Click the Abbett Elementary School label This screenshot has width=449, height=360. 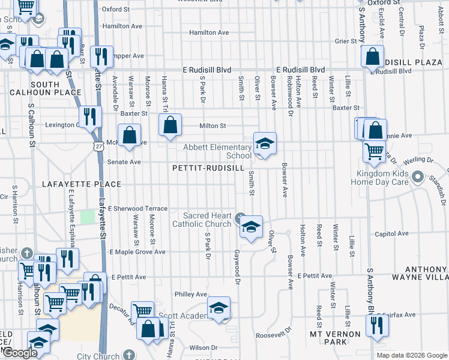point(217,151)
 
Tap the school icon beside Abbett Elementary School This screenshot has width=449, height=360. point(264,144)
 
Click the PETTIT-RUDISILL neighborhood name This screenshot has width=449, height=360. point(208,169)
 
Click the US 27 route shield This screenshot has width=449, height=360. point(97,146)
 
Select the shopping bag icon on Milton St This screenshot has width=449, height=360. point(170,125)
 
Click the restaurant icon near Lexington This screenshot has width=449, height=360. point(91,116)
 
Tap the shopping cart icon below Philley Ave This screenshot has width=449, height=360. point(142,311)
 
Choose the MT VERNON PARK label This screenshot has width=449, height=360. point(335,338)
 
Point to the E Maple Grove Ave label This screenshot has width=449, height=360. point(137,252)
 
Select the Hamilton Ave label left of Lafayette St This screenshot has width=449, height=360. point(122,26)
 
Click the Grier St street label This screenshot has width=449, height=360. point(346,41)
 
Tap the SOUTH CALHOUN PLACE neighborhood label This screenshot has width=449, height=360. point(45,88)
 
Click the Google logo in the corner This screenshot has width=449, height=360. point(20,353)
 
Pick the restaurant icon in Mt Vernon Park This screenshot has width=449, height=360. point(377,326)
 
